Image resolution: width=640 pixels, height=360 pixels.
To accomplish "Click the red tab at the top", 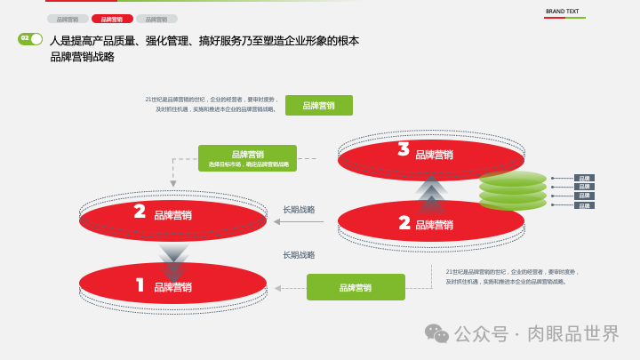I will (x=112, y=19).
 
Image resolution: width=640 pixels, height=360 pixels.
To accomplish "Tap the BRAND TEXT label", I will (x=562, y=12).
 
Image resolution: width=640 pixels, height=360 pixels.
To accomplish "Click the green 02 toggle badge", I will (x=30, y=39).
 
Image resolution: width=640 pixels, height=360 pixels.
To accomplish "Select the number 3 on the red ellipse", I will (x=404, y=150).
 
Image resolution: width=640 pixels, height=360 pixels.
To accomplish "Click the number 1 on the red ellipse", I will (x=140, y=285).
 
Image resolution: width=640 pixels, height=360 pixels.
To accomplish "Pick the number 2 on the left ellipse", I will (x=140, y=212).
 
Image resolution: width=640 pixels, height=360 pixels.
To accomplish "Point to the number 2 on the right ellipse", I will (x=404, y=222).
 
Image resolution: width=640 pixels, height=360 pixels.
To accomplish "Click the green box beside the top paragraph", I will (x=318, y=106).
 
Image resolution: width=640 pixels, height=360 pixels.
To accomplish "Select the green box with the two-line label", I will (x=247, y=158).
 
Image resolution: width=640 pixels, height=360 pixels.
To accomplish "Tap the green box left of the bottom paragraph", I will (x=356, y=287).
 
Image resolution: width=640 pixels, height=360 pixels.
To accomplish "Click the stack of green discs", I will (x=513, y=190).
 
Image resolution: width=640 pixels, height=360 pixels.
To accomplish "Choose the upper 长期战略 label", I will (x=299, y=210).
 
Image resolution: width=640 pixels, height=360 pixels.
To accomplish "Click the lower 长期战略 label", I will (x=299, y=255).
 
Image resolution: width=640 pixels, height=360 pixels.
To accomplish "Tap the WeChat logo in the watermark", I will (x=436, y=333).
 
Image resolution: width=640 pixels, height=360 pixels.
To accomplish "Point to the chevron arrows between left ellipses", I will (x=173, y=259).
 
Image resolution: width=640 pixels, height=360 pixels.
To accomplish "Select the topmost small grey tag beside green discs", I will (x=584, y=178).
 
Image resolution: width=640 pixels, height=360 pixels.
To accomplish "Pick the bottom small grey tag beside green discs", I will (x=584, y=205).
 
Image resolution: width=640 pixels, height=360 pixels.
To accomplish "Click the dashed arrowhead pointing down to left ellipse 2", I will (x=173, y=184).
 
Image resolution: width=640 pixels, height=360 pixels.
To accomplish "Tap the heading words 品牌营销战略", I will (x=83, y=57).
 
